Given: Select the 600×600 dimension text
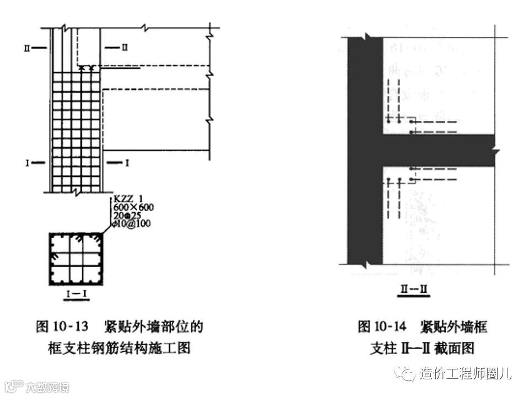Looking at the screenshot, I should (133, 207).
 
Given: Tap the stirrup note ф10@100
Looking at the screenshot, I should (131, 223).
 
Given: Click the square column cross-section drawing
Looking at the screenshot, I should (75, 259).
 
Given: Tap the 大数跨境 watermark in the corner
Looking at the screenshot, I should (47, 387).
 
